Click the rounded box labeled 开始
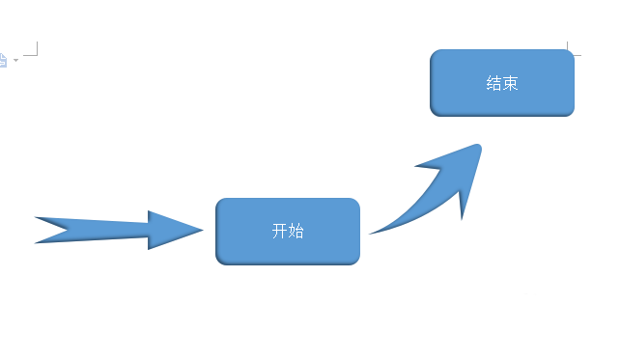pyautogui.click(x=288, y=232)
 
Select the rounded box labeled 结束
pyautogui.click(x=502, y=83)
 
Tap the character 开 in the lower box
pyautogui.click(x=279, y=232)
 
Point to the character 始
pyautogui.click(x=296, y=232)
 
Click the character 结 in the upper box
pyautogui.click(x=493, y=83)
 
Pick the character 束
pyautogui.click(x=511, y=83)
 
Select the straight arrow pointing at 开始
pyautogui.click(x=116, y=230)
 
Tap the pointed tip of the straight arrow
pyautogui.click(x=203, y=230)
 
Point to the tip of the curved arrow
pyautogui.click(x=480, y=145)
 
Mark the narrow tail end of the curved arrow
pyautogui.click(x=371, y=234)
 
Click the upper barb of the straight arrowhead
pyautogui.click(x=150, y=211)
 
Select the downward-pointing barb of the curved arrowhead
pyautogui.click(x=463, y=218)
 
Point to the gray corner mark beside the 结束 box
pyautogui.click(x=571, y=51)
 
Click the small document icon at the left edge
pyautogui.click(x=3, y=60)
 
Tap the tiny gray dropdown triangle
pyautogui.click(x=16, y=61)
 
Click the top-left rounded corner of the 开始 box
pyautogui.click(x=221, y=204)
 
